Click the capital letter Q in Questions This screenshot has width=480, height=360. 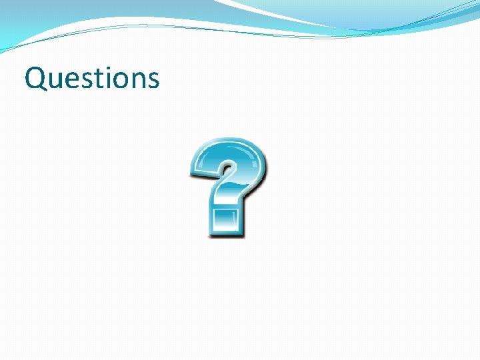35,78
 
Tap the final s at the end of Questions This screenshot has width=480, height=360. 153,80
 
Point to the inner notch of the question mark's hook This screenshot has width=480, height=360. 224,167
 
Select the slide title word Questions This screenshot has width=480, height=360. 92,79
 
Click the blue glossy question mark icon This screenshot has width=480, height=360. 229,187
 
